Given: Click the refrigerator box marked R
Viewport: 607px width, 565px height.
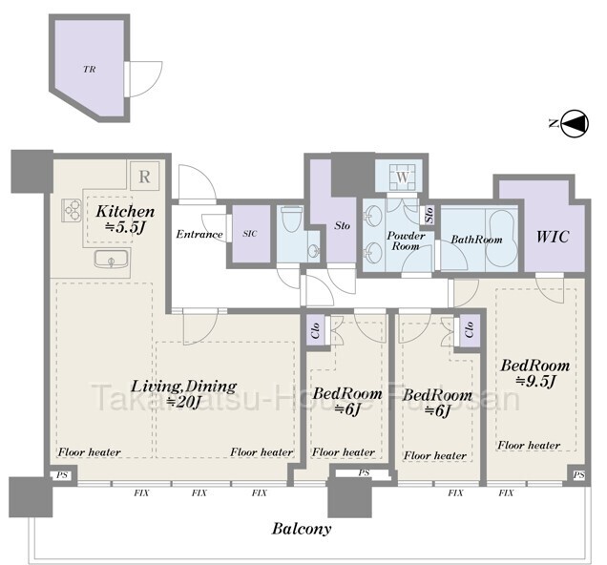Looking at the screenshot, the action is pos(144,177).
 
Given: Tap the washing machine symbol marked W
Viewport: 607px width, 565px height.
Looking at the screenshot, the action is pos(403,178).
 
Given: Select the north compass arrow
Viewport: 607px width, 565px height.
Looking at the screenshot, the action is pos(575,123).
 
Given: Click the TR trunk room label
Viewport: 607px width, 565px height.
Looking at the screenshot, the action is pos(90,70).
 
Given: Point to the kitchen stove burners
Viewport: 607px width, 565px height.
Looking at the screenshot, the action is pos(72,211).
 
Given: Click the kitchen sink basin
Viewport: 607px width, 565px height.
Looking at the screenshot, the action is pos(111,259).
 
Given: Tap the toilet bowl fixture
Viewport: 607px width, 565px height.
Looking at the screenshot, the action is pos(291,220).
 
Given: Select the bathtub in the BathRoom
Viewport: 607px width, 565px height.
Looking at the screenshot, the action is pos(501,239).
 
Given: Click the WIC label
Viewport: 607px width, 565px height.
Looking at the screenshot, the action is pos(553,237).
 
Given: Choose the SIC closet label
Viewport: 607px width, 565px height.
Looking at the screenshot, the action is pos(250,234).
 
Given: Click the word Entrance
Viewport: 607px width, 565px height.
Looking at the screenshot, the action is pos(199,234).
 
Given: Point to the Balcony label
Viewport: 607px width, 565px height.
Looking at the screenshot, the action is pos(302,529).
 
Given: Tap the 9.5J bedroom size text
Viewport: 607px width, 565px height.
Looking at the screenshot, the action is pos(536,382).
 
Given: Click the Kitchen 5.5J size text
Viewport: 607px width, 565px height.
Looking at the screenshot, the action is pos(125,227).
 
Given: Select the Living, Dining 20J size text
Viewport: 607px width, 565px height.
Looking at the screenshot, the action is pos(182,403).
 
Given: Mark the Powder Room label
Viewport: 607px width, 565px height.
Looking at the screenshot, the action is pos(406,241).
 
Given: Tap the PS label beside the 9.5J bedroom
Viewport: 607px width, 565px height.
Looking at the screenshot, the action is pos(579,475).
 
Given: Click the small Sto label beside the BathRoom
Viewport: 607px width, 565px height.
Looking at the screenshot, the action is pos(429,214).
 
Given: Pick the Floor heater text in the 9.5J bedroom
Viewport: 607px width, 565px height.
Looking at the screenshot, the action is pos(529,445).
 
